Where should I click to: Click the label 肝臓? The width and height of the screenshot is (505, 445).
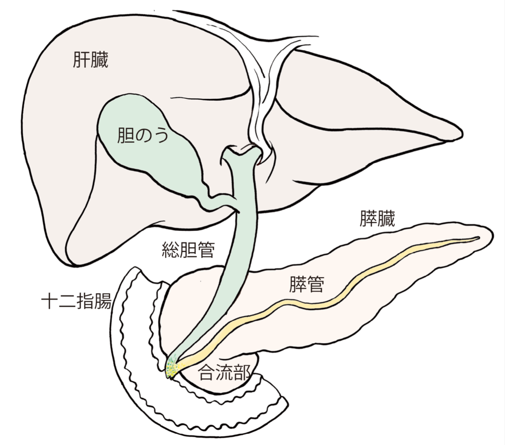click(x=91, y=60)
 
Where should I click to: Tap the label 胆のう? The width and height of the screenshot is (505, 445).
click(x=143, y=135)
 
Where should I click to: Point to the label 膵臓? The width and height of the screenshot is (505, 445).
click(x=377, y=219)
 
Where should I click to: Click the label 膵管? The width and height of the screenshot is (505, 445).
click(x=307, y=284)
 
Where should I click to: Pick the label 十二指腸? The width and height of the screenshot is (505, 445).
click(x=76, y=301)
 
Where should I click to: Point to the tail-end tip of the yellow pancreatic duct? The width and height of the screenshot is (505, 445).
click(x=478, y=238)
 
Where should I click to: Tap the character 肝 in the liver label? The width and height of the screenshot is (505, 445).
click(x=81, y=60)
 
